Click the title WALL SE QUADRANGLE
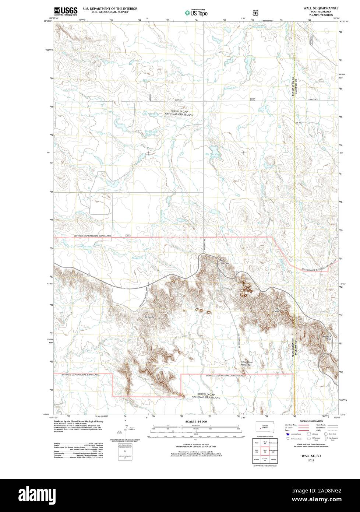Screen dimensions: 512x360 coord(319,8)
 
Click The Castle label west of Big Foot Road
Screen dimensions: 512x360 coord(148,317)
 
